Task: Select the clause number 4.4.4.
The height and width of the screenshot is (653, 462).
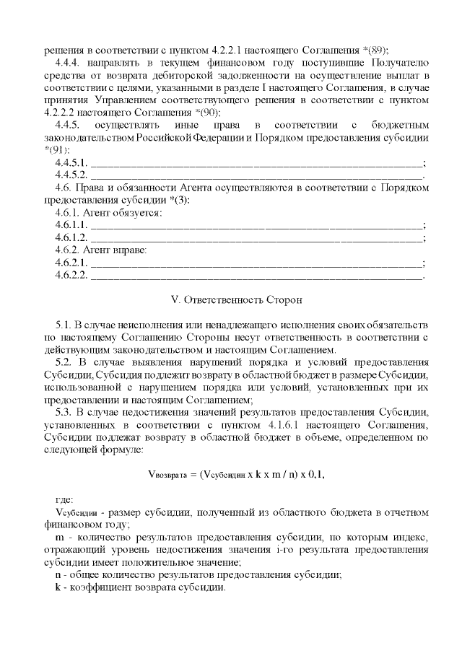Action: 69,64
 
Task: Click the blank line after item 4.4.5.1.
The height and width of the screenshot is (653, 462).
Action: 257,162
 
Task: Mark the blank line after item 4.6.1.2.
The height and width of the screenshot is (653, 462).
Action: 257,238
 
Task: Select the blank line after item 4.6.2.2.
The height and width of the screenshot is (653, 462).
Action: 257,275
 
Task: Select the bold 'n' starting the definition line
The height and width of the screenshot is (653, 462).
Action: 58,574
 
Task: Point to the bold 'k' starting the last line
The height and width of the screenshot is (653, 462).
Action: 58,587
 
